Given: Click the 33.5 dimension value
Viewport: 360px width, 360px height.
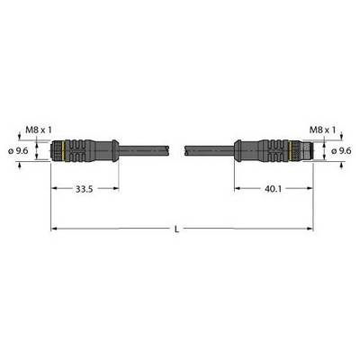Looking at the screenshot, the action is pyautogui.click(x=84, y=189).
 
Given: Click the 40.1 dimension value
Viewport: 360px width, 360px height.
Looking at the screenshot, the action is pyautogui.click(x=274, y=189).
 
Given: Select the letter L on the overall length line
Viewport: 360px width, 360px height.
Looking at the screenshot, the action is pyautogui.click(x=177, y=229).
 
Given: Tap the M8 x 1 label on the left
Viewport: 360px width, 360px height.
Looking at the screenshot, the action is pyautogui.click(x=39, y=130).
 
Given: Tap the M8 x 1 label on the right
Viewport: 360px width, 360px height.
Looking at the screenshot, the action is pyautogui.click(x=322, y=130).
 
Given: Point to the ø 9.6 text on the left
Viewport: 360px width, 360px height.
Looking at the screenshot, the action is pyautogui.click(x=18, y=151).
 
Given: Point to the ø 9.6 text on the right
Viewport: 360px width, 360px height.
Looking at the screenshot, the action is pyautogui.click(x=341, y=151).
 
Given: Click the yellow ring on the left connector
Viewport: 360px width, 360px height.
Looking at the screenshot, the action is pyautogui.click(x=63, y=151).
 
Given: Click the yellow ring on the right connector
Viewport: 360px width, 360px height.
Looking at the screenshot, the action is pyautogui.click(x=290, y=151).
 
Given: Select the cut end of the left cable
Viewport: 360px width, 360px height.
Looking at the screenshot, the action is pyautogui.click(x=168, y=150).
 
